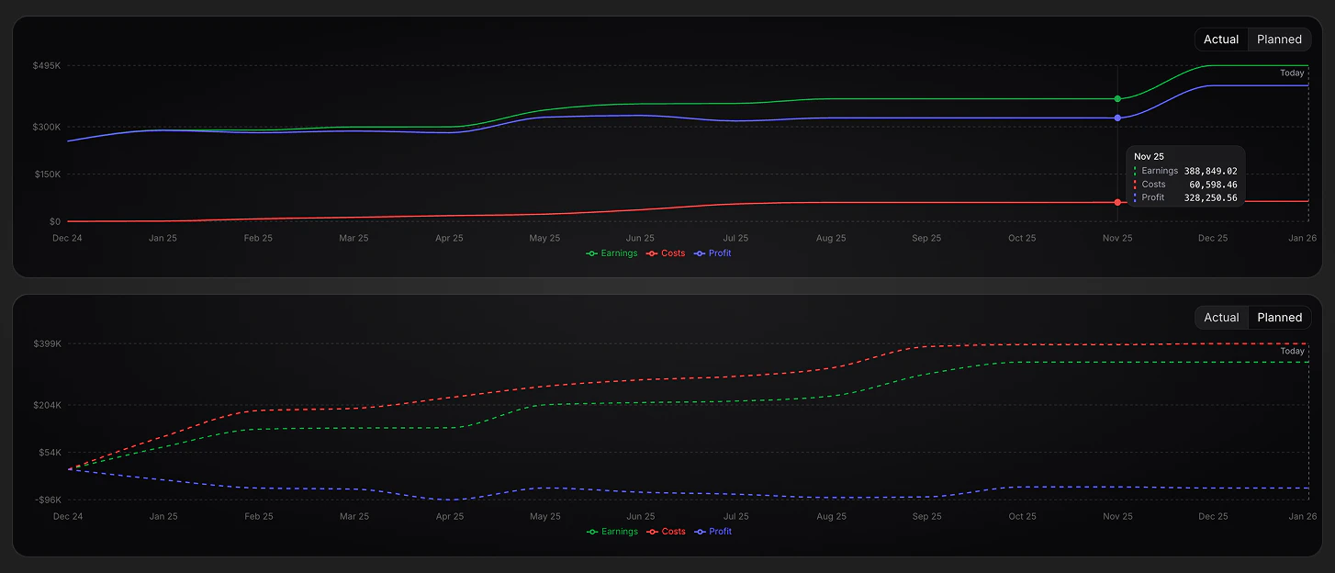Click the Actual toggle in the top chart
coord(1221,39)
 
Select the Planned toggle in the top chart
coord(1279,39)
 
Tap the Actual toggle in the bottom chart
coord(1221,318)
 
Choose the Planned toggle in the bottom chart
coord(1279,318)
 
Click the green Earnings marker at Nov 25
coord(1117,98)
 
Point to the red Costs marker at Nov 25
coord(1117,202)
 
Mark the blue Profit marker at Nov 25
coord(1117,118)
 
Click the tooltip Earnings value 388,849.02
coord(1210,171)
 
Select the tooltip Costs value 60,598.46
coord(1213,185)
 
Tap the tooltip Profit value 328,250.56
coord(1210,197)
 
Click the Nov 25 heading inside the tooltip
coord(1149,157)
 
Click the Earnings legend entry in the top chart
coord(612,253)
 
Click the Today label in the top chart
coord(1292,73)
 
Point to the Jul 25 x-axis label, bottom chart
coord(735,516)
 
